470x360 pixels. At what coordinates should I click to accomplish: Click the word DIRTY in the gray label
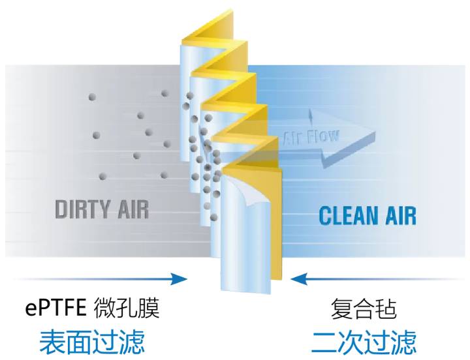pyautogui.click(x=83, y=209)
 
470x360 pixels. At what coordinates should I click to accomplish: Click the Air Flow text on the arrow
pyautogui.click(x=311, y=138)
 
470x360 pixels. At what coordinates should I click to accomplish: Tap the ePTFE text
pyautogui.click(x=55, y=308)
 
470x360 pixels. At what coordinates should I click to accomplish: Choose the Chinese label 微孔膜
pyautogui.click(x=127, y=308)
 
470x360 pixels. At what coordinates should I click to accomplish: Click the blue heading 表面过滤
pyautogui.click(x=92, y=342)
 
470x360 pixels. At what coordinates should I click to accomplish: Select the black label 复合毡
pyautogui.click(x=364, y=308)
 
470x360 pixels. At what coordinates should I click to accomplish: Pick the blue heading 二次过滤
pyautogui.click(x=364, y=342)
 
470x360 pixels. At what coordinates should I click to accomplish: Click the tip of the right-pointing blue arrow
pyautogui.click(x=187, y=279)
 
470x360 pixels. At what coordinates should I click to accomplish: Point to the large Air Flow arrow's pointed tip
pyautogui.click(x=375, y=132)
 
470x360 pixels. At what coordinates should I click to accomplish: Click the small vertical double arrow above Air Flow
pyautogui.click(x=311, y=117)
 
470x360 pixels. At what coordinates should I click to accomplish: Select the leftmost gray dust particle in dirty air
pyautogui.click(x=92, y=97)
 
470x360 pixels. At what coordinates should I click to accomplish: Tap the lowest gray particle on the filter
pyautogui.click(x=213, y=217)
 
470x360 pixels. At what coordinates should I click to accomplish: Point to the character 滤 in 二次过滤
pyautogui.click(x=404, y=342)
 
